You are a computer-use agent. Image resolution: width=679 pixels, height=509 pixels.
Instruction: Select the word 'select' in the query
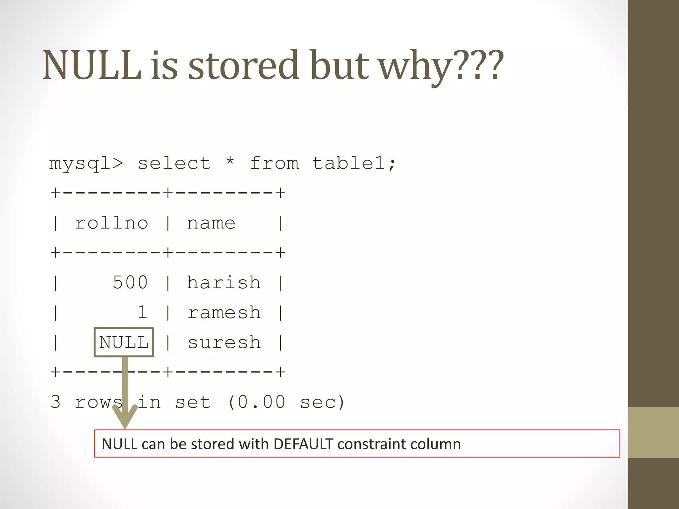(x=174, y=163)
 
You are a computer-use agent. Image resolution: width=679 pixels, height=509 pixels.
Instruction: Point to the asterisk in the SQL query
(x=230, y=162)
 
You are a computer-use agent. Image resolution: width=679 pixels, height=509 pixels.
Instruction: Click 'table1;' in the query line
(x=354, y=163)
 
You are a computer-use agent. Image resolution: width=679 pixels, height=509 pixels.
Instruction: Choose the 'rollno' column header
(x=111, y=223)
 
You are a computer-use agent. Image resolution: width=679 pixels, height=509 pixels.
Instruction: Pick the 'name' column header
(x=211, y=223)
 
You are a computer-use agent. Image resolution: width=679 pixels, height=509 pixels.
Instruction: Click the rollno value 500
(x=130, y=283)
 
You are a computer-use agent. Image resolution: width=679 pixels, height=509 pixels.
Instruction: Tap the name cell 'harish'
(x=224, y=283)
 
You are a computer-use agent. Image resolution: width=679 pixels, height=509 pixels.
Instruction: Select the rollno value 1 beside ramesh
(x=142, y=312)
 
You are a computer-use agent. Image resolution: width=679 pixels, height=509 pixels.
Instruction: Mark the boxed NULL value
(x=124, y=342)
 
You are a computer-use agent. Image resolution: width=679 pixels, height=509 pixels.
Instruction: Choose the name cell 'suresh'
(x=224, y=343)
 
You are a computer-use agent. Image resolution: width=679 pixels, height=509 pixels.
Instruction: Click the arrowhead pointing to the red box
(x=125, y=418)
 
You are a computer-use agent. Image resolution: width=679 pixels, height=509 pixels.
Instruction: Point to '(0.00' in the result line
(x=256, y=402)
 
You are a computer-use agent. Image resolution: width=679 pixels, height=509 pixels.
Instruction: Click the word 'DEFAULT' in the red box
(x=303, y=444)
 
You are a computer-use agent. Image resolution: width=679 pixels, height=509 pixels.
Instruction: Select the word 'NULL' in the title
(x=92, y=65)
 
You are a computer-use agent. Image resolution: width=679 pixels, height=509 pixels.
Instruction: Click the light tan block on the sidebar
(x=653, y=432)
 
